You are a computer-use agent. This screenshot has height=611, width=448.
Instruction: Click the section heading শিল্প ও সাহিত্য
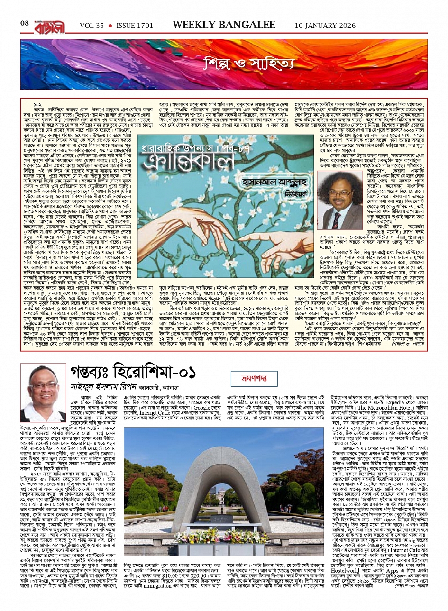point(249,63)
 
